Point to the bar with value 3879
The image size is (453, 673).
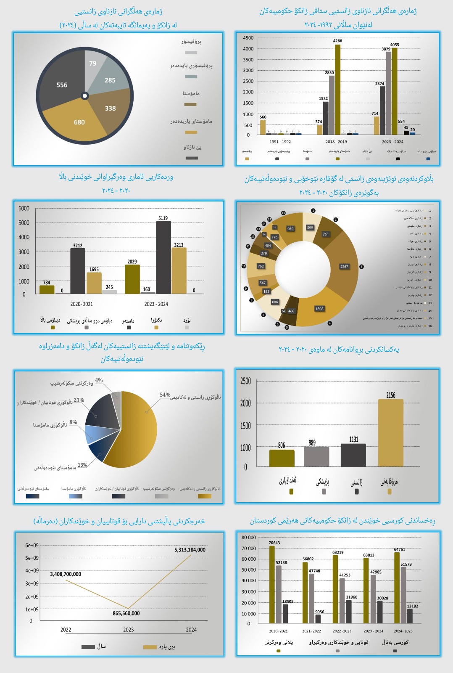pyautogui.click(x=388, y=93)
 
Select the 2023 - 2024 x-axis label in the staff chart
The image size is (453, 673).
pyautogui.click(x=392, y=142)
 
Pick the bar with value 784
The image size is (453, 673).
pyautogui.click(x=47, y=289)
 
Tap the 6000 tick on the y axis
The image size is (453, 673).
pyautogui.click(x=24, y=209)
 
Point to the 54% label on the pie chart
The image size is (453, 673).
pyautogui.click(x=165, y=395)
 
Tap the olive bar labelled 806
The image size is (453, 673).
pyautogui.click(x=282, y=458)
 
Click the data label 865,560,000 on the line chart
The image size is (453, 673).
pyautogui.click(x=126, y=614)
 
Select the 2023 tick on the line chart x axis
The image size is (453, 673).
pyautogui.click(x=129, y=630)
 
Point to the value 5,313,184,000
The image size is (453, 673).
pyautogui.click(x=190, y=550)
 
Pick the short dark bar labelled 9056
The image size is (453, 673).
pyautogui.click(x=318, y=619)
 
